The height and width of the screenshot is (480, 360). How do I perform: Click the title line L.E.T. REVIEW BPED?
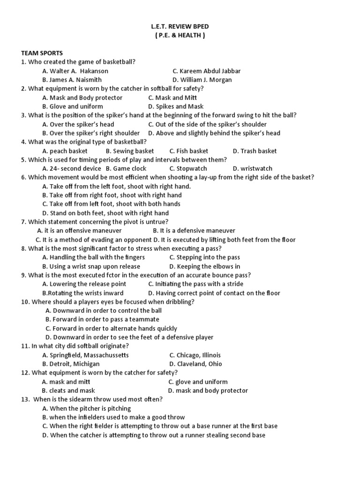point(180,27)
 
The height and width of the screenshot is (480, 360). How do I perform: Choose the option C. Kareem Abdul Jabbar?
point(206,71)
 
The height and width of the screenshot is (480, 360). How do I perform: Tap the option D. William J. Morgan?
point(202,80)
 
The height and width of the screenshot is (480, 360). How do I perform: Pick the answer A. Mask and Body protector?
point(82,97)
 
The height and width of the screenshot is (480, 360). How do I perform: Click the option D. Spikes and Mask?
point(176,106)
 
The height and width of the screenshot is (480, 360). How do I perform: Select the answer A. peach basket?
point(65,151)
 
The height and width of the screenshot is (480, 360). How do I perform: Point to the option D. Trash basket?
point(255,151)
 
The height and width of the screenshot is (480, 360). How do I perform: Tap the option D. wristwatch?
point(252,168)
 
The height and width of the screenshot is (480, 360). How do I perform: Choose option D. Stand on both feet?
point(105,213)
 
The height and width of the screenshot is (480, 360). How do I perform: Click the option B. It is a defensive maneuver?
point(194,231)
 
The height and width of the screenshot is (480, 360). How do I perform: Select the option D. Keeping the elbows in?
point(204,266)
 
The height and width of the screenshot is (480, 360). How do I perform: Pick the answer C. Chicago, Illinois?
point(195,355)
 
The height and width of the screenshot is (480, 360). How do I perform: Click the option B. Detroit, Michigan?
point(71,364)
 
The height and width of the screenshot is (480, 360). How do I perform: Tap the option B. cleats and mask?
point(68,390)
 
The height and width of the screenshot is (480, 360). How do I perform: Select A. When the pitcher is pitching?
point(87,408)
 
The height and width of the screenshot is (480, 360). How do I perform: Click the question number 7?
point(23,222)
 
